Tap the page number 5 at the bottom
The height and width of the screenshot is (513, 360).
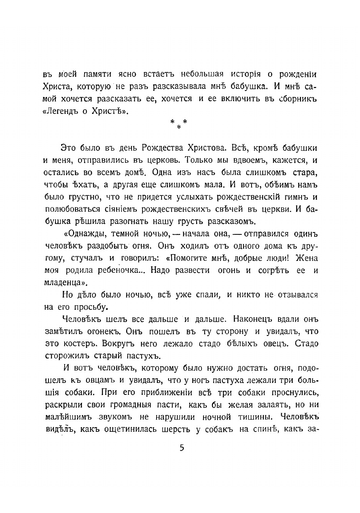(182, 448)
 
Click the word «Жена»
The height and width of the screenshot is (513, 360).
(307, 258)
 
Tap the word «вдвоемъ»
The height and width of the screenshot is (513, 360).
(232, 160)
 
